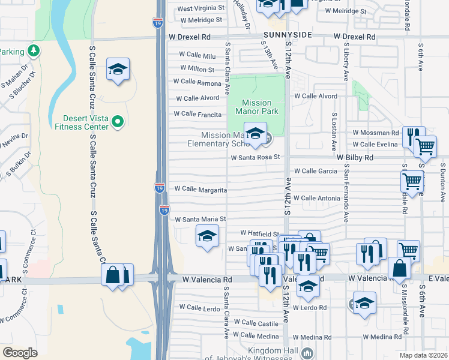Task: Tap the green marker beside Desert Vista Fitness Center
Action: click(x=118, y=122)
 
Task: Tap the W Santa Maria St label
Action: click(x=200, y=220)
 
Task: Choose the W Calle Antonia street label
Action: click(x=316, y=198)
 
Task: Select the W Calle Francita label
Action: click(x=197, y=114)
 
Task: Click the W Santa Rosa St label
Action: click(x=256, y=157)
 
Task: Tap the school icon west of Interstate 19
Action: click(x=118, y=70)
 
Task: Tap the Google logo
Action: click(x=20, y=352)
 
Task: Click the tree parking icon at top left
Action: click(x=35, y=50)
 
